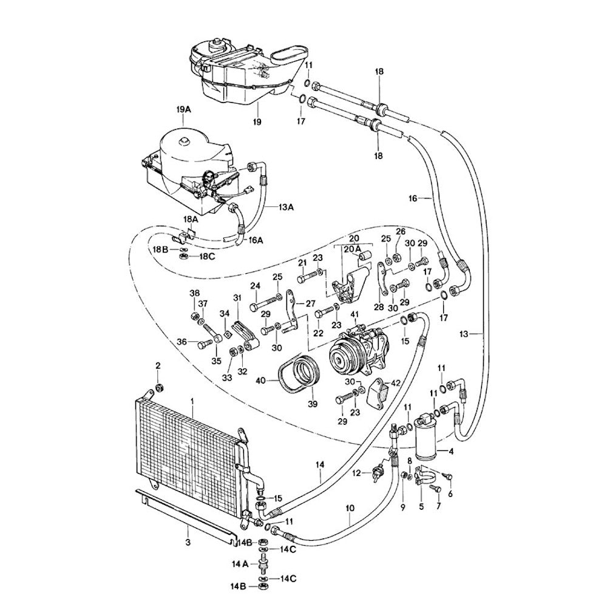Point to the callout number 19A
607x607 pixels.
pos(184,109)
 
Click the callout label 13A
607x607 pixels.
pos(287,207)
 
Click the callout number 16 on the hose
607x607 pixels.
pos(413,198)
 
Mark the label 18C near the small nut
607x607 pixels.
pos(207,257)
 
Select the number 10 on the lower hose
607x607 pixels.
pos(350,507)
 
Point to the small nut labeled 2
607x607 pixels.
pos(159,388)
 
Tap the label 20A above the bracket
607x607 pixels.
pos(353,249)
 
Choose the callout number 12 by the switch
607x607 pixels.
pos(357,472)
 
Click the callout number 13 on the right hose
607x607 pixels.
pos(464,333)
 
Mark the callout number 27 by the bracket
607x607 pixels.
pos(311,303)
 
